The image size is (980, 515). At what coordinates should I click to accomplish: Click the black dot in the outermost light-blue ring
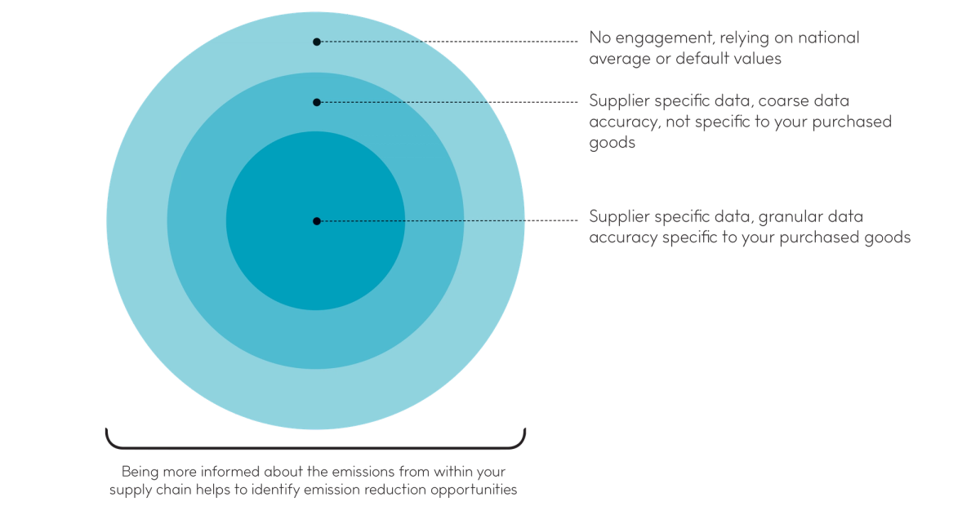coord(317,41)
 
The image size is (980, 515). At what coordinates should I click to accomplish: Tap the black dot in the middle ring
coord(317,102)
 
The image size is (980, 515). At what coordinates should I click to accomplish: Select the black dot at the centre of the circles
coord(317,221)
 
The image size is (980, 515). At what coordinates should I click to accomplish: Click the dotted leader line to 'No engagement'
coord(449,41)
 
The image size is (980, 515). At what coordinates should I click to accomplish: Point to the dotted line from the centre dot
coord(449,221)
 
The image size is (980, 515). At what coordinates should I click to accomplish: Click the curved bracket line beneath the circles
coord(315,446)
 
